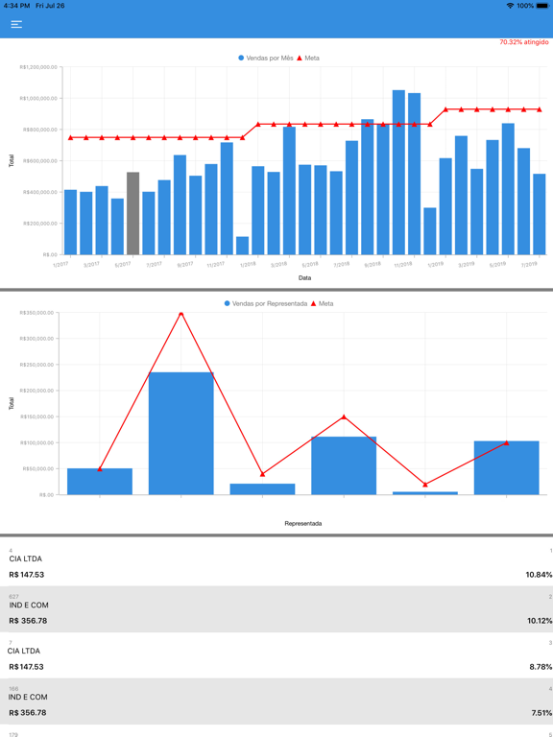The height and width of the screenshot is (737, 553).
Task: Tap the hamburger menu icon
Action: pos(16,24)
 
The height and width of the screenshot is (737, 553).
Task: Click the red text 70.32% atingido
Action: pos(523,42)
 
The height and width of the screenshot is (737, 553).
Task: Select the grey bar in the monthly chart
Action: pos(132,213)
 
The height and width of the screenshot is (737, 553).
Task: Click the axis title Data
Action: pos(304,278)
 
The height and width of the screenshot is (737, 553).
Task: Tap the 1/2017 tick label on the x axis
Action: pos(61,264)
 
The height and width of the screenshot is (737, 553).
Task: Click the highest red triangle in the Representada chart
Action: pos(180,313)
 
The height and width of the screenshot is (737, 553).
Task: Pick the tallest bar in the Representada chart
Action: pos(180,433)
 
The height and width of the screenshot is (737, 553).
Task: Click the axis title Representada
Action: pos(303,523)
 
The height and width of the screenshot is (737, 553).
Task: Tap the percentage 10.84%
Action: pos(539,575)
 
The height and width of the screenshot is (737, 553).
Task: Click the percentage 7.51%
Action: pos(540,713)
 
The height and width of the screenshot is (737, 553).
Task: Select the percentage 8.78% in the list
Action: pos(540,667)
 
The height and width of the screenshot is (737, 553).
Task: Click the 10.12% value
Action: pos(539,621)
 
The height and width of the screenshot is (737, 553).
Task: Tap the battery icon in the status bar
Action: pos(543,6)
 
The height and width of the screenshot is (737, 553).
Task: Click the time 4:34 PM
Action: pos(17,6)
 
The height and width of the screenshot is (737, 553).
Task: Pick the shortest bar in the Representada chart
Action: pos(425,493)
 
